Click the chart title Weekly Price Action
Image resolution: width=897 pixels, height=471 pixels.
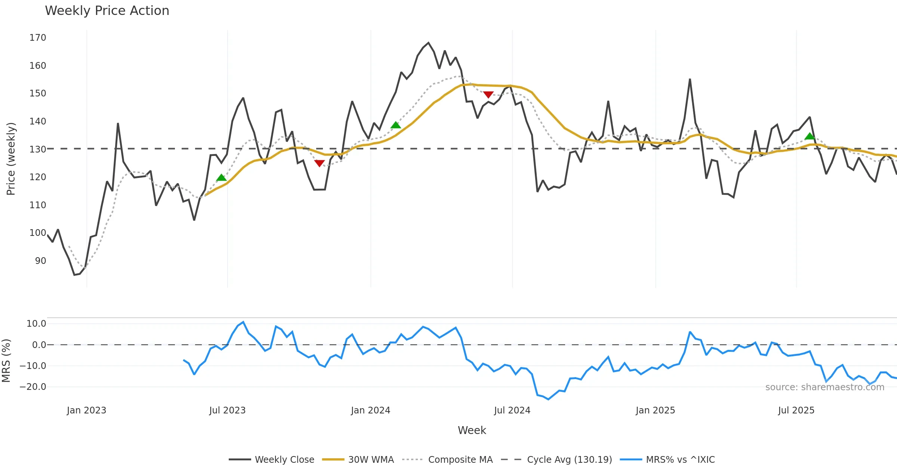point(107,11)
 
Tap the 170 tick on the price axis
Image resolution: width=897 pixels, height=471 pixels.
point(38,38)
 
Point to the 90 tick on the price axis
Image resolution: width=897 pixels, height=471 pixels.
point(40,261)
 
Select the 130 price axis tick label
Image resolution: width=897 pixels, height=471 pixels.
point(38,149)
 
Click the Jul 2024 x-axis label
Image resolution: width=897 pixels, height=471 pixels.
point(512,410)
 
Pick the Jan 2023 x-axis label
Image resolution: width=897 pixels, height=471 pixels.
point(87,410)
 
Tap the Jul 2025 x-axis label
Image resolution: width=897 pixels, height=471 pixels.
point(796,410)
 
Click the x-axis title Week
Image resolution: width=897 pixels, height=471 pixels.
point(472,431)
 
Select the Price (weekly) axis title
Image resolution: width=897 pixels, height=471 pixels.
point(11,159)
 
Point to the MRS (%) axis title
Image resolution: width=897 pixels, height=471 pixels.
point(6,361)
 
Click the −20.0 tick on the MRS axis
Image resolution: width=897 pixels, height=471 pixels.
point(33,387)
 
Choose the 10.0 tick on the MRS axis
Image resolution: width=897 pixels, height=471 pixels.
point(36,324)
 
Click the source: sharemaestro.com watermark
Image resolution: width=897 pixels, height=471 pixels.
point(824,387)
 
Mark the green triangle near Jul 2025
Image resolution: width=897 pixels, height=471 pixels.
point(810,136)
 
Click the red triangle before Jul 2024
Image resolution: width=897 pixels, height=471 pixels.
point(488,95)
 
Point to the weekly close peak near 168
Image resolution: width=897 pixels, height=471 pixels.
point(428,43)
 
